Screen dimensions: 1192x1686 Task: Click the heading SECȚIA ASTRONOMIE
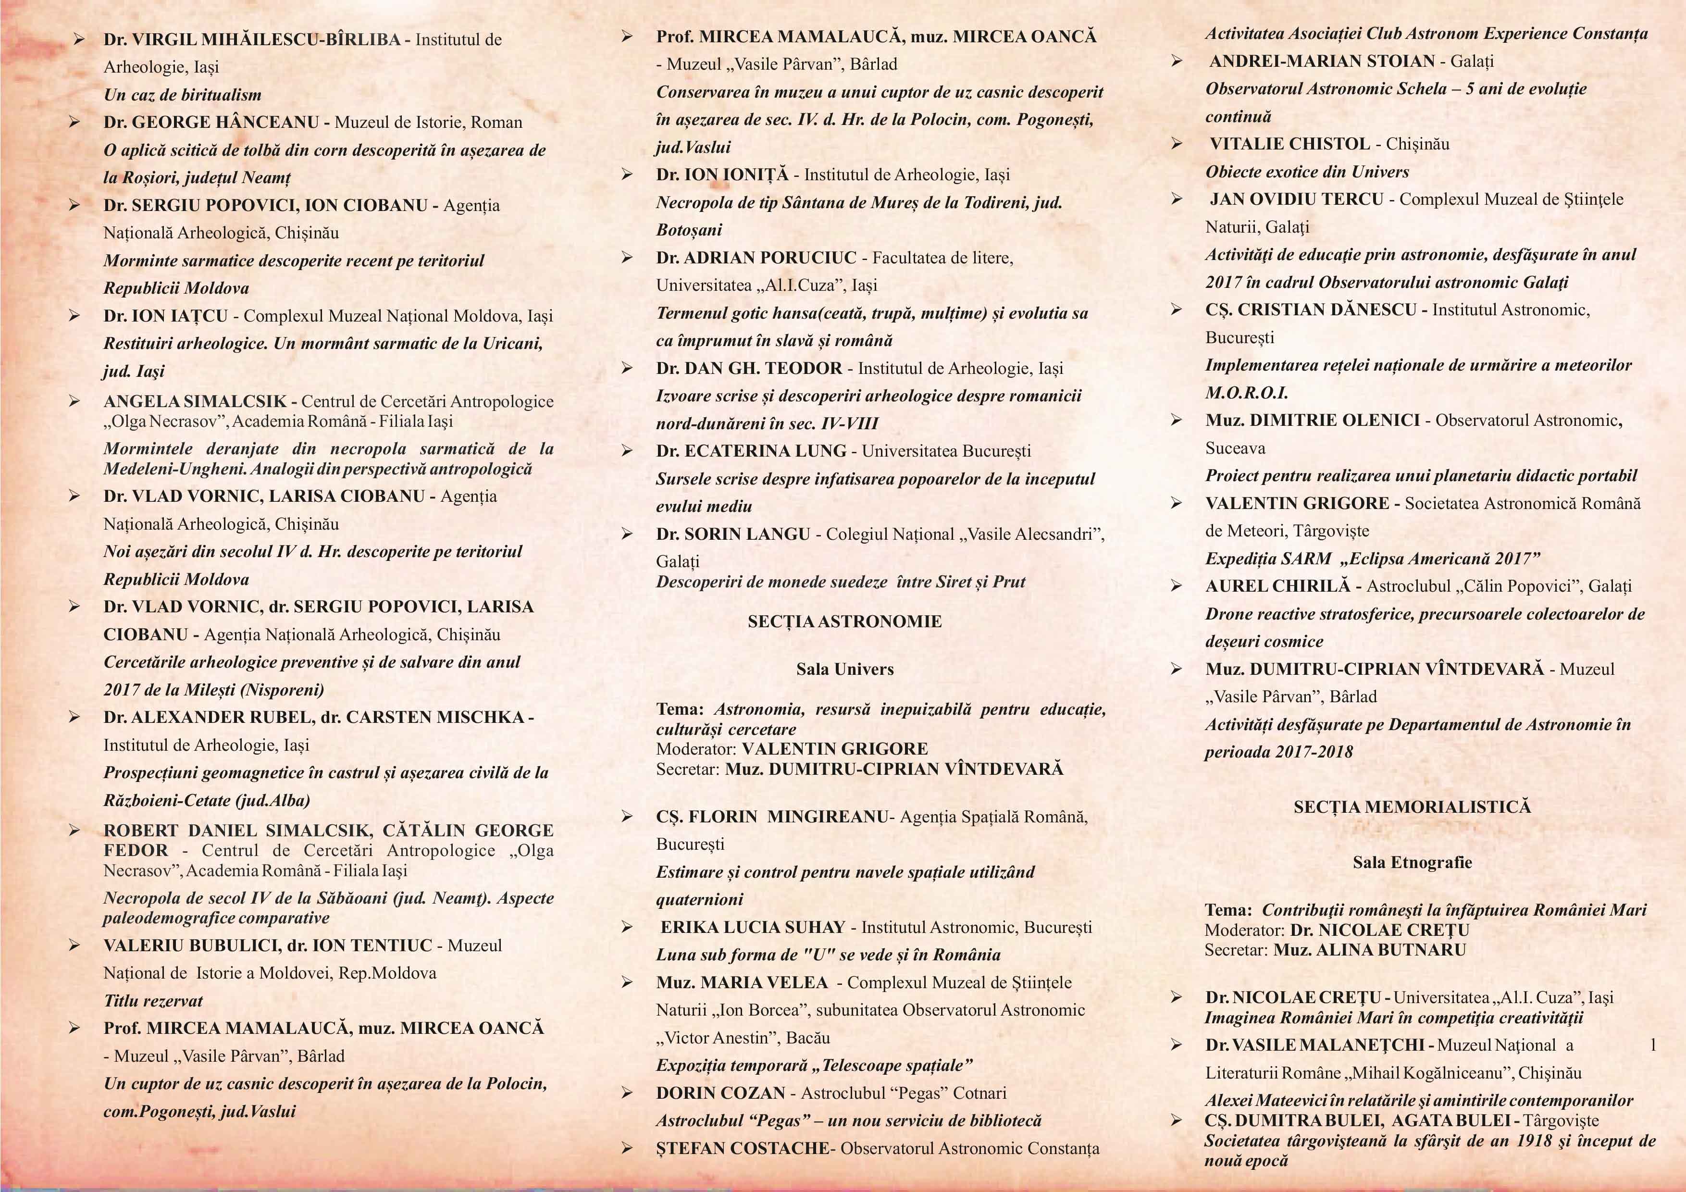[844, 622]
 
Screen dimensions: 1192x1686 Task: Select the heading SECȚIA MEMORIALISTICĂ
[1412, 807]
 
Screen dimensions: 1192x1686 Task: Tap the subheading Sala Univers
[844, 669]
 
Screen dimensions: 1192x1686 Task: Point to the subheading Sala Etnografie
[1412, 862]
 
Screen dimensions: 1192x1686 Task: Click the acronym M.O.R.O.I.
[1246, 393]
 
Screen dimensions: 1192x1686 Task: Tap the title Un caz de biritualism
[182, 95]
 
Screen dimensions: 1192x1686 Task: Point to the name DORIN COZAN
[720, 1093]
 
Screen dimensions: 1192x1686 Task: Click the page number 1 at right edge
[1653, 1045]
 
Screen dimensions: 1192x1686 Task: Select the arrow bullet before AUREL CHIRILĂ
[1177, 586]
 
